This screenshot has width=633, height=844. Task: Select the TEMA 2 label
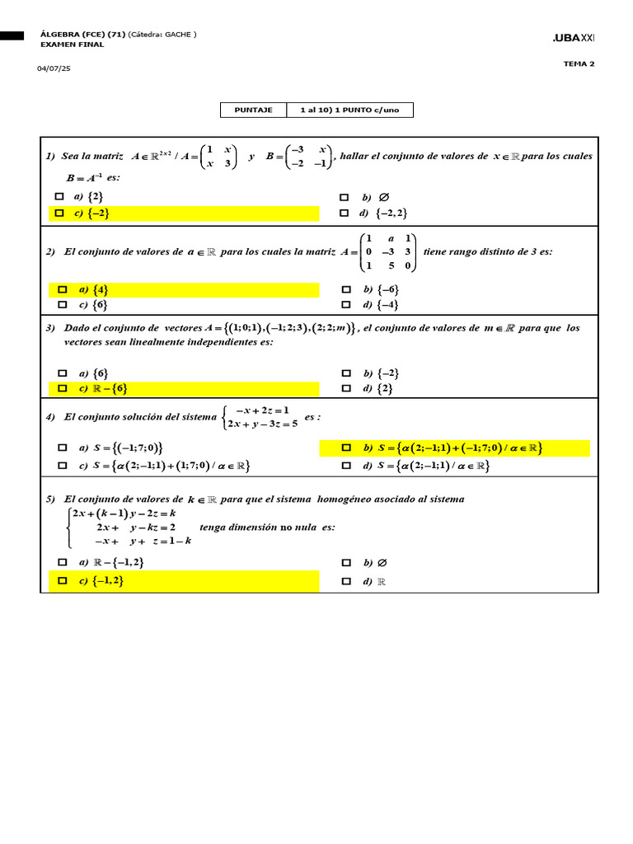pyautogui.click(x=579, y=63)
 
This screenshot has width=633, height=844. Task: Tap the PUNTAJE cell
pyautogui.click(x=253, y=110)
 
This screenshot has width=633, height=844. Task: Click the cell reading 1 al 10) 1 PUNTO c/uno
pyautogui.click(x=349, y=110)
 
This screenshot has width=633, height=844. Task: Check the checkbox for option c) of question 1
pyautogui.click(x=59, y=213)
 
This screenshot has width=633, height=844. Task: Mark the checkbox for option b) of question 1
pyautogui.click(x=345, y=197)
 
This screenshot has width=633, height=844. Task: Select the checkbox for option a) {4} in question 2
pyautogui.click(x=62, y=289)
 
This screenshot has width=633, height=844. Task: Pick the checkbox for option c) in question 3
pyautogui.click(x=62, y=388)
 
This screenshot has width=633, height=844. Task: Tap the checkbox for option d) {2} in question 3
pyautogui.click(x=345, y=388)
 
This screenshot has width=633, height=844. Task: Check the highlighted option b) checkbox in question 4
pyautogui.click(x=347, y=448)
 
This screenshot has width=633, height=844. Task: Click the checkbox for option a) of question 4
pyautogui.click(x=62, y=448)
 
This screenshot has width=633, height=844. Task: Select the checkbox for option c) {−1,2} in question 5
pyautogui.click(x=62, y=581)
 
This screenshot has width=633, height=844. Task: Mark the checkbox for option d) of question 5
pyautogui.click(x=345, y=581)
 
